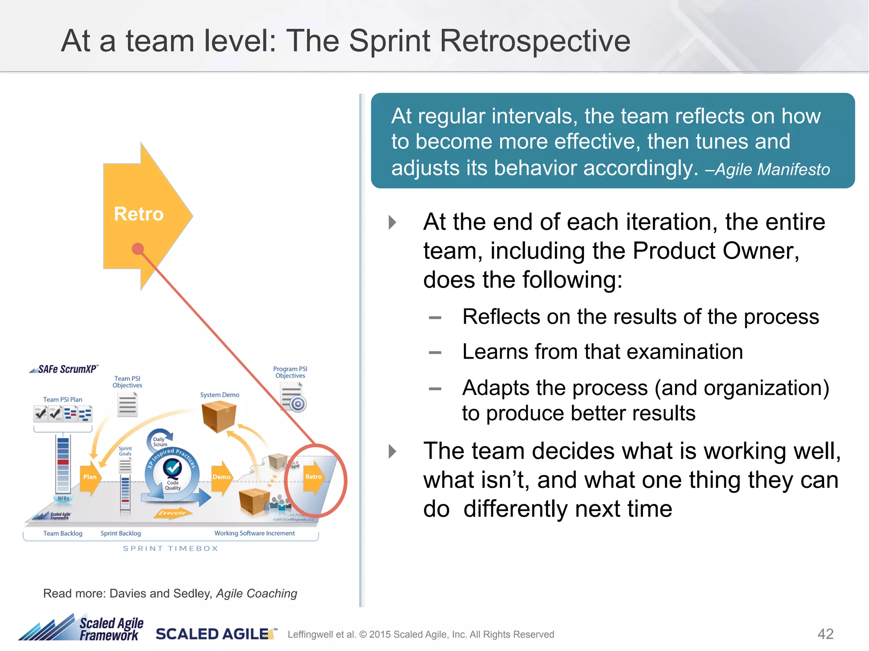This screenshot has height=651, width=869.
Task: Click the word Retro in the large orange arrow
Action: tap(139, 214)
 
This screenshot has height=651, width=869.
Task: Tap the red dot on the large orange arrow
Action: tap(137, 249)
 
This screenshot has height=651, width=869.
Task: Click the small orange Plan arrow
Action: tap(90, 477)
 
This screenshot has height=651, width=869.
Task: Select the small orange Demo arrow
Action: tap(221, 477)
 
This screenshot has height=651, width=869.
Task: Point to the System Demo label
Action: tap(219, 395)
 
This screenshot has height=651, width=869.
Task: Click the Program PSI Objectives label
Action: tap(290, 372)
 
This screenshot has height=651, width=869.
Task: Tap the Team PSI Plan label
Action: tap(62, 400)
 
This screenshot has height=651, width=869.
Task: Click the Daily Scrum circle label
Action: tap(160, 442)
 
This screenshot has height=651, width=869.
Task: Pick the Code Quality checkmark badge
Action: tap(173, 468)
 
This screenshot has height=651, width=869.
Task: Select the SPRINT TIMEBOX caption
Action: tap(171, 548)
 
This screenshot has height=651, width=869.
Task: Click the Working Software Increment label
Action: tap(254, 533)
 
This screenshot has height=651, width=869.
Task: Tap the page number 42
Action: tap(825, 634)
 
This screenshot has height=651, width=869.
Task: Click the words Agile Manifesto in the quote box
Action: tap(772, 170)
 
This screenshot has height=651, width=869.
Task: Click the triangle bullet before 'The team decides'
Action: tap(392, 451)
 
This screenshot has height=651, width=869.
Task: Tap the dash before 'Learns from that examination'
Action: tap(435, 353)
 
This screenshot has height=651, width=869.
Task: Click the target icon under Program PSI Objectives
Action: tap(298, 404)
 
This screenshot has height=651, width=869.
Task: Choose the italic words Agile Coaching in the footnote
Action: tap(256, 593)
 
